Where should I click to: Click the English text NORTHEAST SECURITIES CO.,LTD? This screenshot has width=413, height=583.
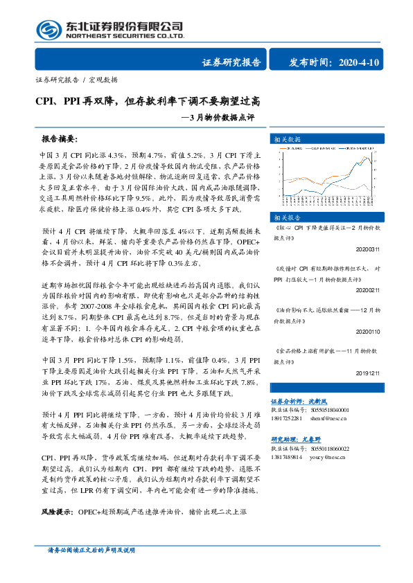coord(125,37)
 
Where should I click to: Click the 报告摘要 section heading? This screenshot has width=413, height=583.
coord(60,138)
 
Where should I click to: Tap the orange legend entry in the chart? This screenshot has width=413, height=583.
coord(286,148)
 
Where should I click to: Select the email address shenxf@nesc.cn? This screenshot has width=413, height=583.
coord(330,418)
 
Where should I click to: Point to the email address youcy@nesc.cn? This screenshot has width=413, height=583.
coord(329,456)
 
